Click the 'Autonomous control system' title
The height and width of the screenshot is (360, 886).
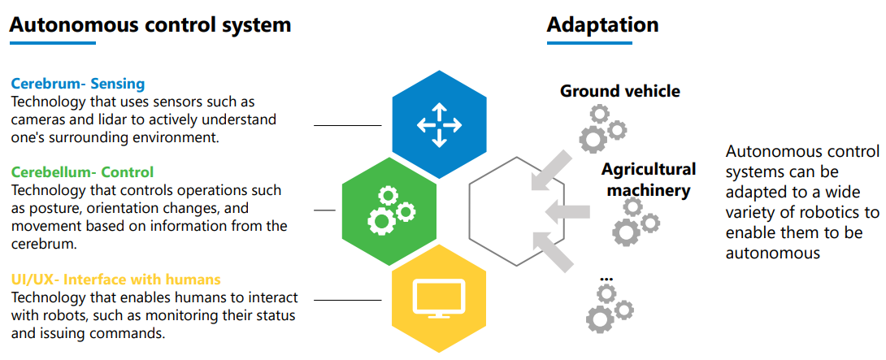click(150, 24)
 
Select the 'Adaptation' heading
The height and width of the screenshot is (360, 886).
click(602, 24)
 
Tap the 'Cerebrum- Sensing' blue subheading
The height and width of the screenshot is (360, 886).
click(78, 85)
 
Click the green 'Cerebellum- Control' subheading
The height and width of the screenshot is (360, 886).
click(82, 171)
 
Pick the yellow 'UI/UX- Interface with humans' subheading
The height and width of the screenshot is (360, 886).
click(116, 280)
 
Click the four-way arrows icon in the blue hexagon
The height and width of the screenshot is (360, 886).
click(439, 125)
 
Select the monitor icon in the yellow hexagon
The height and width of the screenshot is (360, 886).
click(439, 297)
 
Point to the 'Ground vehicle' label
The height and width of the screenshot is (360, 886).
click(620, 90)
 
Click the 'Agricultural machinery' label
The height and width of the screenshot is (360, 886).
click(649, 180)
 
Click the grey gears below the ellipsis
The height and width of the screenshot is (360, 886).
click(610, 309)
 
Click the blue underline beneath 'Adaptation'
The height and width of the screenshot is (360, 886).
click(589, 43)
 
